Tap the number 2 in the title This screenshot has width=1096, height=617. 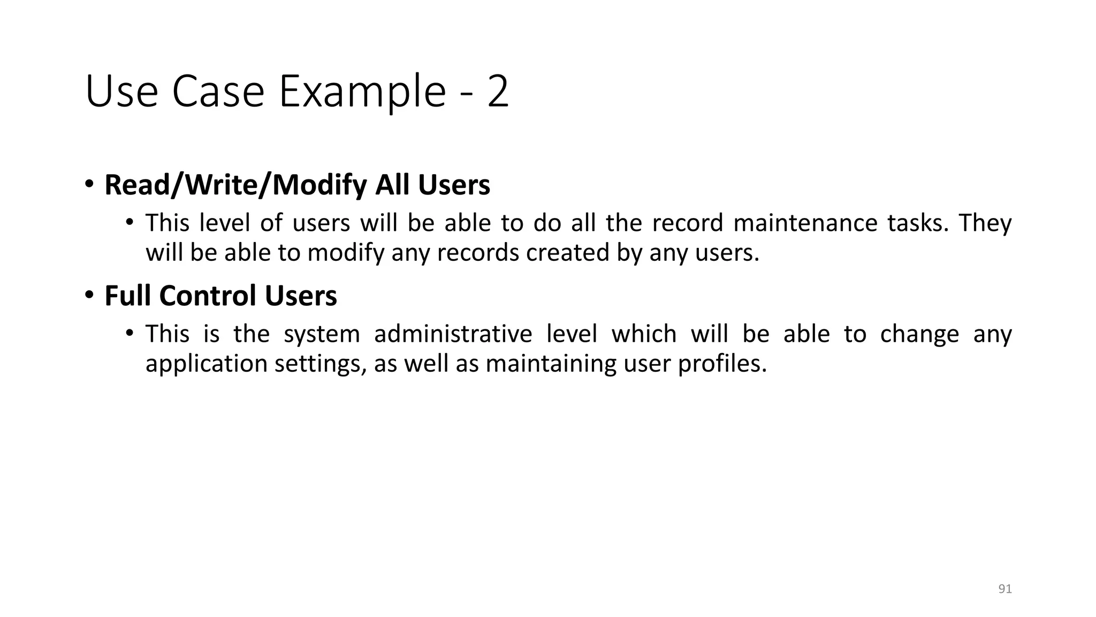click(498, 92)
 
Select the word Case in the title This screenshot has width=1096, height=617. click(218, 92)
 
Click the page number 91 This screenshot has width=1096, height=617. click(1005, 589)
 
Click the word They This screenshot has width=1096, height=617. click(985, 223)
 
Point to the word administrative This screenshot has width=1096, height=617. click(453, 334)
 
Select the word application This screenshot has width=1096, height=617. click(206, 364)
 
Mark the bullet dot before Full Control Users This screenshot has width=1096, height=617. click(89, 295)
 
